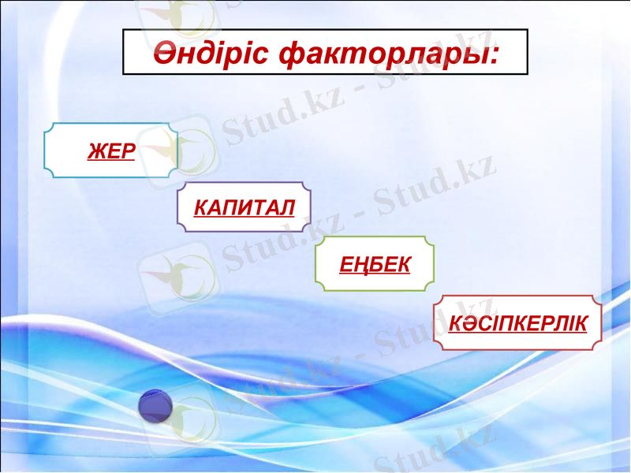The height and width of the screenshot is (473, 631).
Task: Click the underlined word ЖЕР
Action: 111,151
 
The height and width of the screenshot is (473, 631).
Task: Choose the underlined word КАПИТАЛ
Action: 245,208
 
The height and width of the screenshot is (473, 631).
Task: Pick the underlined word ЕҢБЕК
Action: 375,264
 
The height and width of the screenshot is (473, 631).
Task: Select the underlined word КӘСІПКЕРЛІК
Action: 518,323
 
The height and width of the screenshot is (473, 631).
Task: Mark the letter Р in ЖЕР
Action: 126,151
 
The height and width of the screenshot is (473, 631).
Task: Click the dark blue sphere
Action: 155,406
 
